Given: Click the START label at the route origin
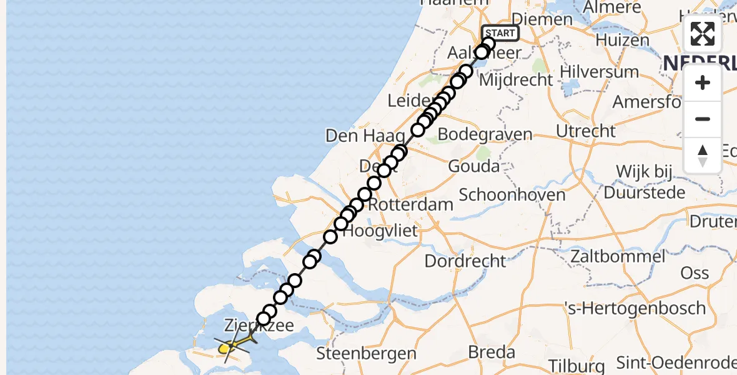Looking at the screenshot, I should [500, 33].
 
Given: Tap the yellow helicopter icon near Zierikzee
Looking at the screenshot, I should [232, 345].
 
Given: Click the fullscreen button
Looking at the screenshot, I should [703, 34].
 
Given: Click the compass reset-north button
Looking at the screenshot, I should [703, 155].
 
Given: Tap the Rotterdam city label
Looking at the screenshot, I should [410, 204].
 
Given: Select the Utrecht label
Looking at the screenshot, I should [585, 131].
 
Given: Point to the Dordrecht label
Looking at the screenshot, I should [465, 261].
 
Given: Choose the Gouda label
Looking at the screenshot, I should [474, 166].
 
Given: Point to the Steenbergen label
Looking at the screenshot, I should [366, 353].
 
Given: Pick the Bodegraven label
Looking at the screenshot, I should [485, 134].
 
